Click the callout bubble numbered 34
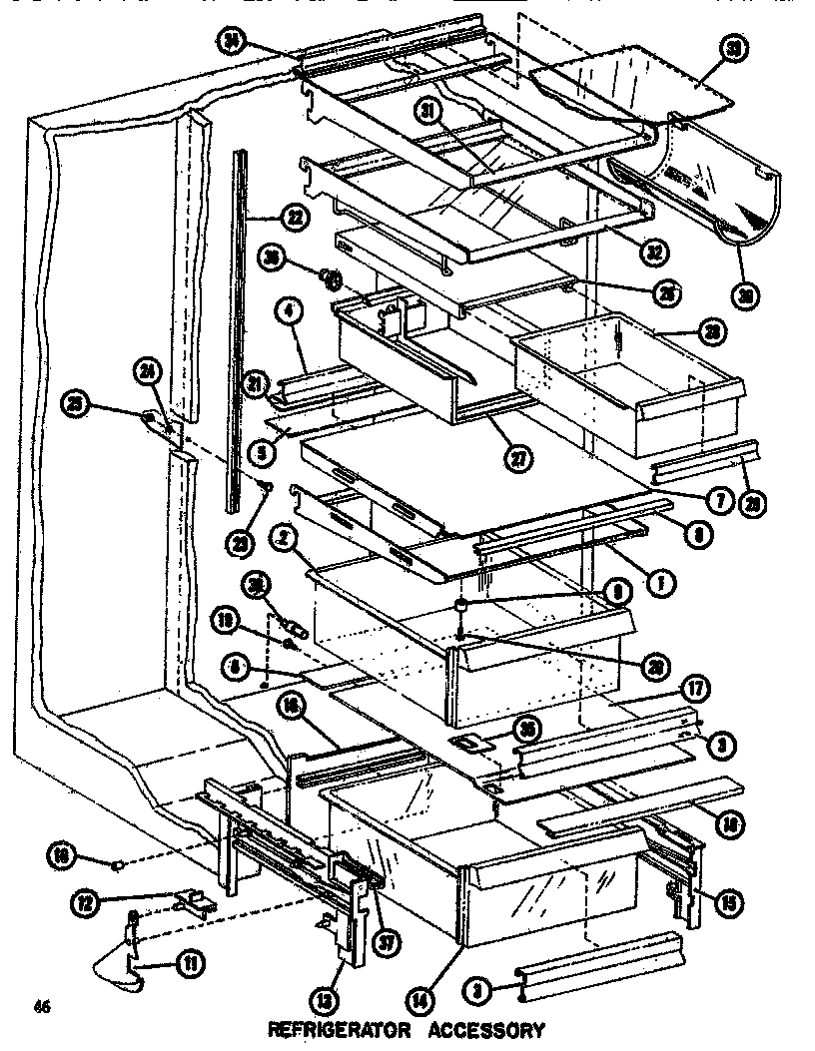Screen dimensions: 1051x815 [x=233, y=40]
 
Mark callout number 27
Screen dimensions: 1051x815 [x=518, y=459]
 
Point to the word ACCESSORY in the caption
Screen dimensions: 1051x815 [x=484, y=1030]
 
